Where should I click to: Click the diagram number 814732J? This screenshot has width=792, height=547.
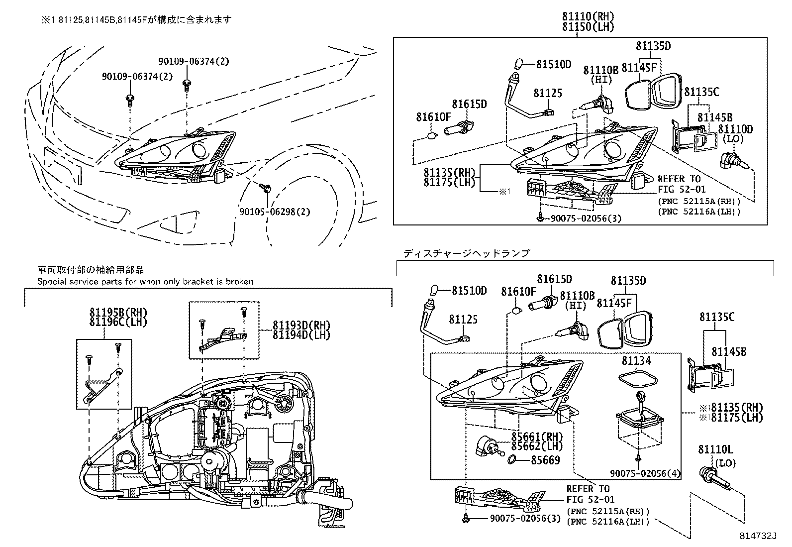click(x=758, y=537)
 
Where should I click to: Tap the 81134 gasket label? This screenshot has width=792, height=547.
click(x=636, y=360)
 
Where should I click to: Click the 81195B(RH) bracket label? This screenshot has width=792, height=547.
click(x=111, y=313)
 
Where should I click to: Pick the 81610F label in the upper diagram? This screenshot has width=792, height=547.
click(x=433, y=117)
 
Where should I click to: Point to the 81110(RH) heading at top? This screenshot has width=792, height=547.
click(x=588, y=16)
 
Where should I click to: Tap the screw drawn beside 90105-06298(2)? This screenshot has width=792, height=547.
click(x=265, y=188)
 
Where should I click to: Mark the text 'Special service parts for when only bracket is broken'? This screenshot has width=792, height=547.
click(x=145, y=282)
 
